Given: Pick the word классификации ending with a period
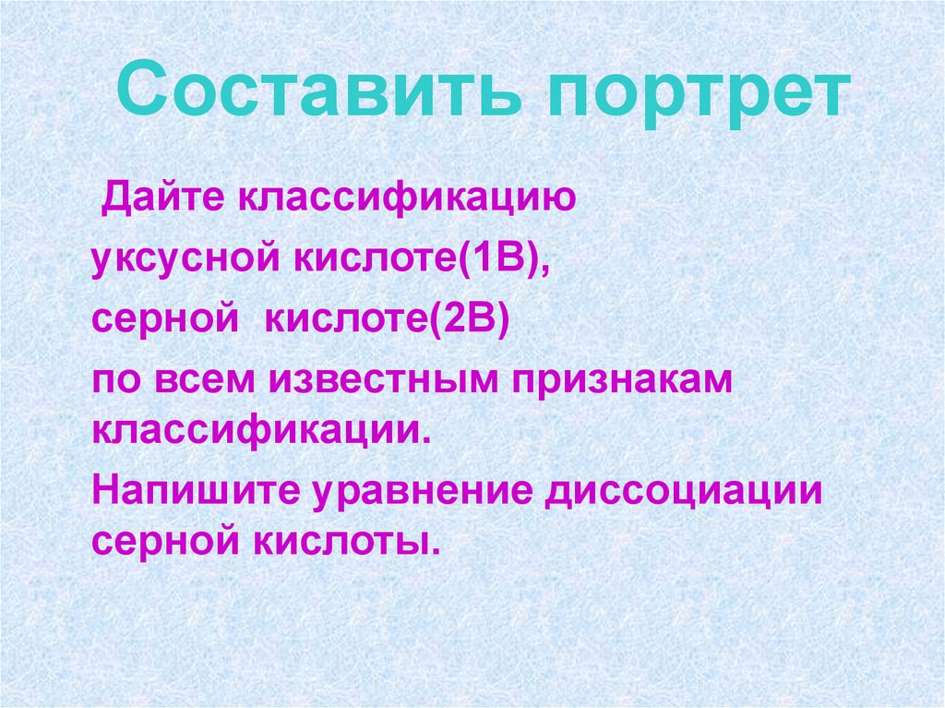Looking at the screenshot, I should tap(261, 428).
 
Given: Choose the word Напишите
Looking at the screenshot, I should tap(194, 489).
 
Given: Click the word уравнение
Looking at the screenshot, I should tap(422, 489).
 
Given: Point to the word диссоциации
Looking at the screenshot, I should tap(684, 489).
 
